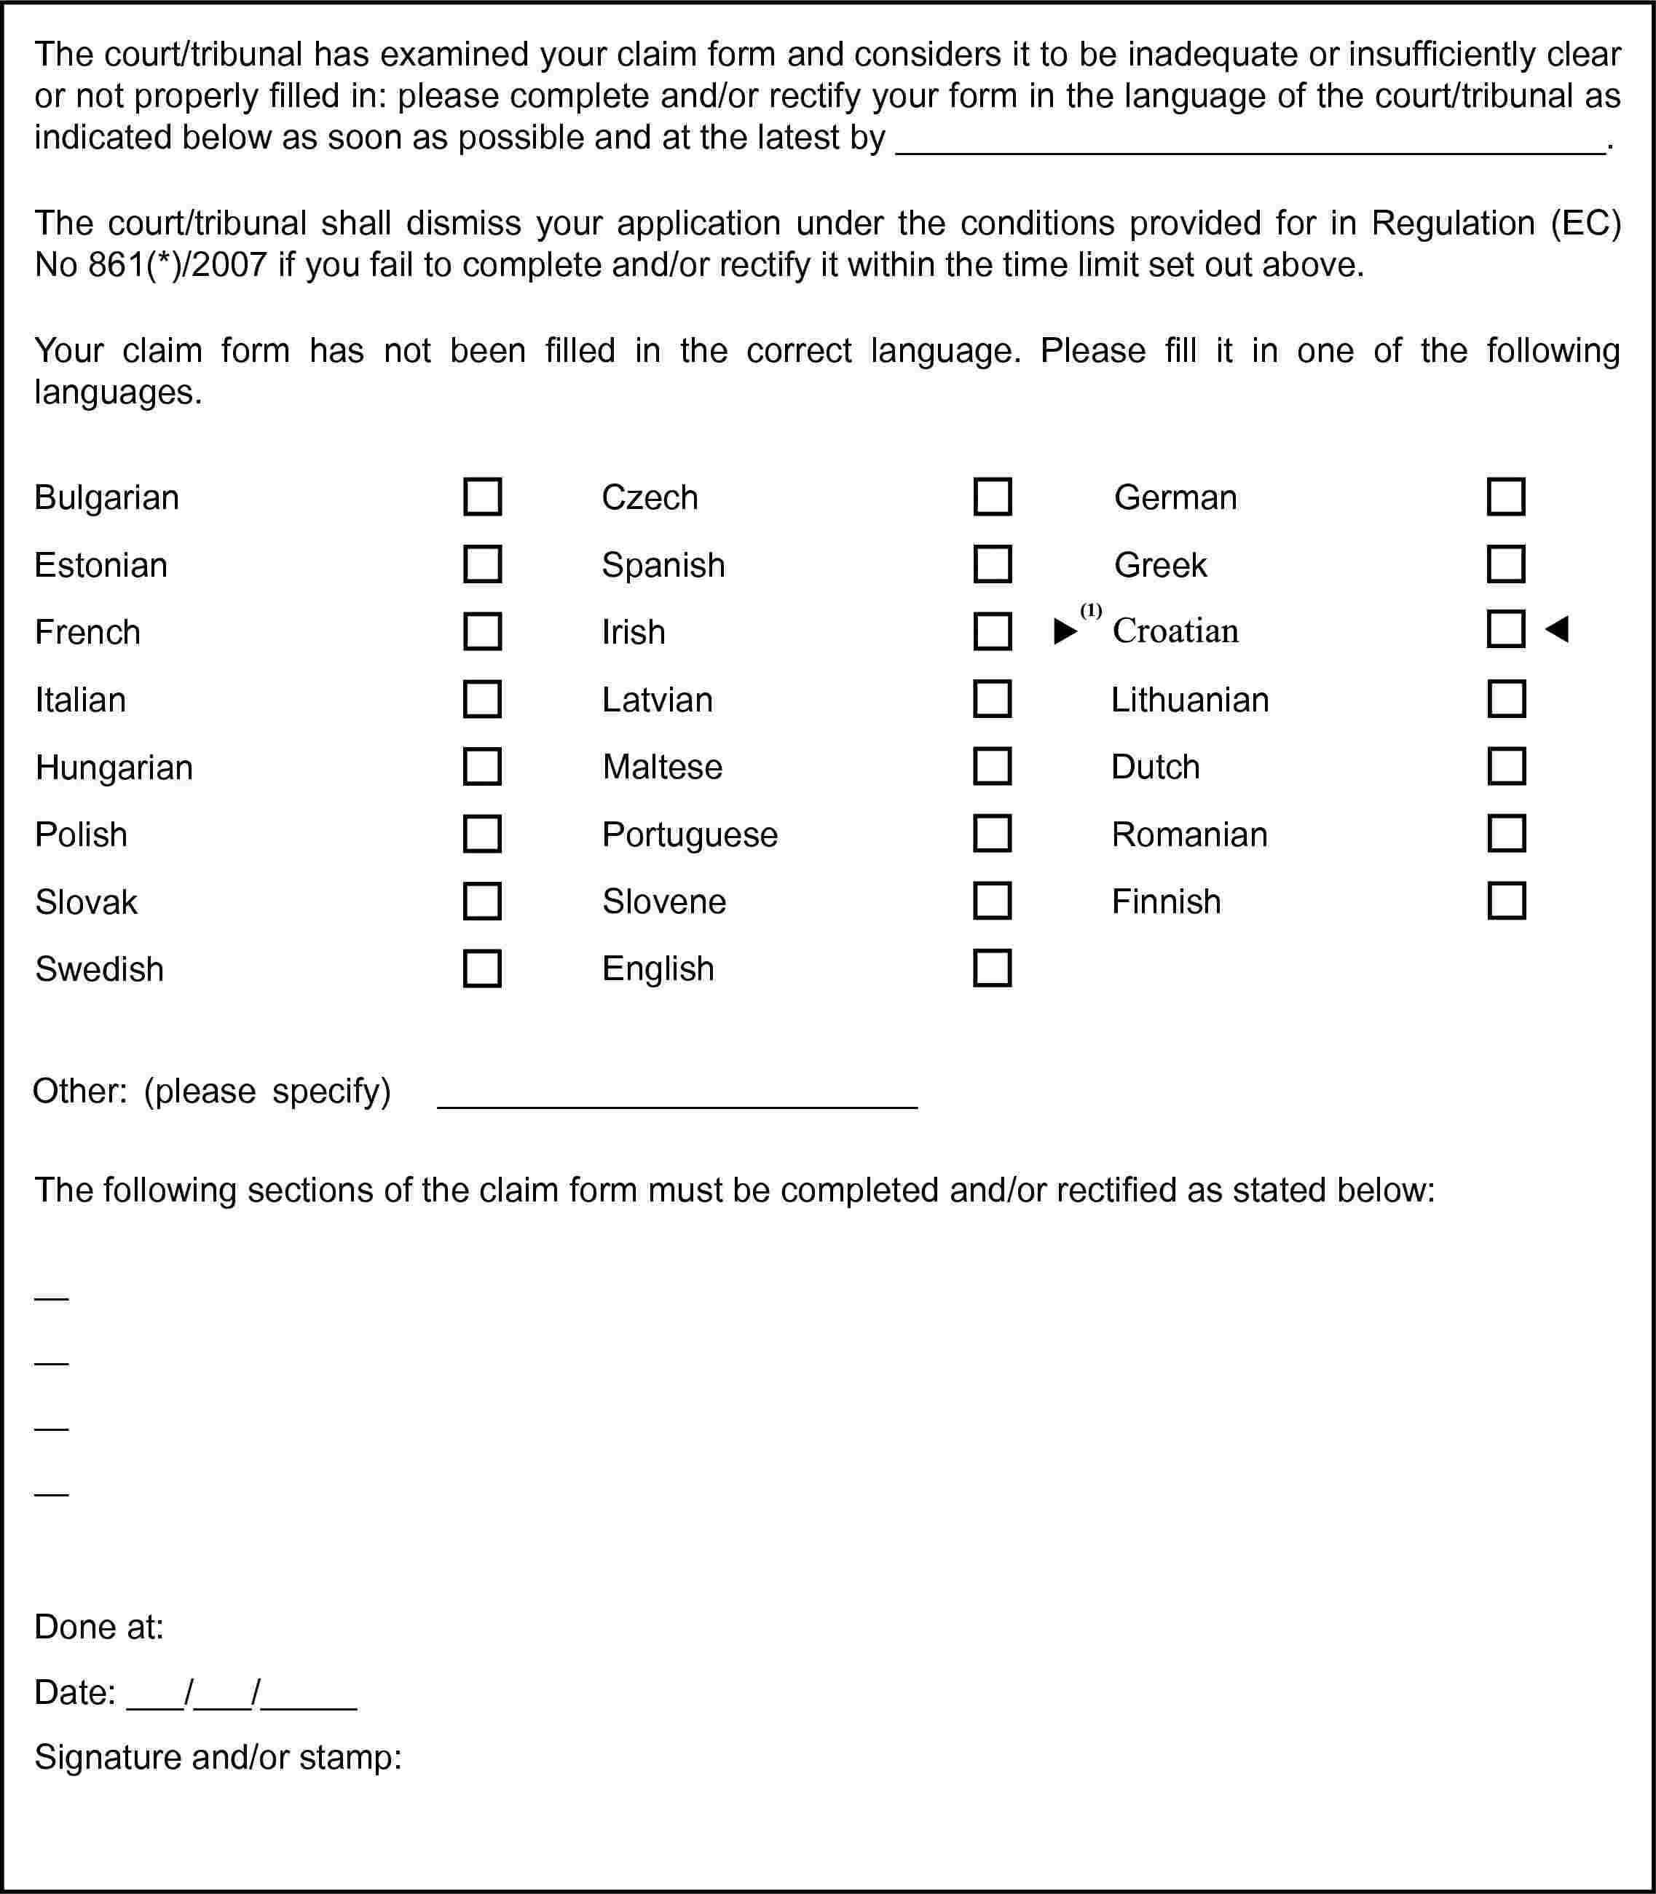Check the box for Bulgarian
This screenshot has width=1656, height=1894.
pyautogui.click(x=482, y=497)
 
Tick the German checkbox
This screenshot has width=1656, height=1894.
pyautogui.click(x=1506, y=497)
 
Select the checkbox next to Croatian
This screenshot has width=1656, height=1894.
pyautogui.click(x=1506, y=629)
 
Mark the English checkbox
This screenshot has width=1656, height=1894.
pyautogui.click(x=993, y=968)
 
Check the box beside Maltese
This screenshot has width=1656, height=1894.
pyautogui.click(x=993, y=766)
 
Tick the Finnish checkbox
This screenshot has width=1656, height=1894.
pyautogui.click(x=1506, y=901)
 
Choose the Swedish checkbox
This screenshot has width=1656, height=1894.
pyautogui.click(x=482, y=969)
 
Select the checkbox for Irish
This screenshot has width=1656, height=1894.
pyautogui.click(x=993, y=632)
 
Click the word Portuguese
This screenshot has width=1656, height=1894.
pyautogui.click(x=690, y=835)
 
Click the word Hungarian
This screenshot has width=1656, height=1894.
pyautogui.click(x=114, y=768)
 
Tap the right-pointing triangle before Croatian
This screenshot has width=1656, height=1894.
pyautogui.click(x=1065, y=632)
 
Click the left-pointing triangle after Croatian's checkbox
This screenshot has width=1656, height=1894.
pyautogui.click(x=1557, y=630)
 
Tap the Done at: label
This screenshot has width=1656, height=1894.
pyautogui.click(x=99, y=1627)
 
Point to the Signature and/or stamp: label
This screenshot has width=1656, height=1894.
pyautogui.click(x=218, y=1756)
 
